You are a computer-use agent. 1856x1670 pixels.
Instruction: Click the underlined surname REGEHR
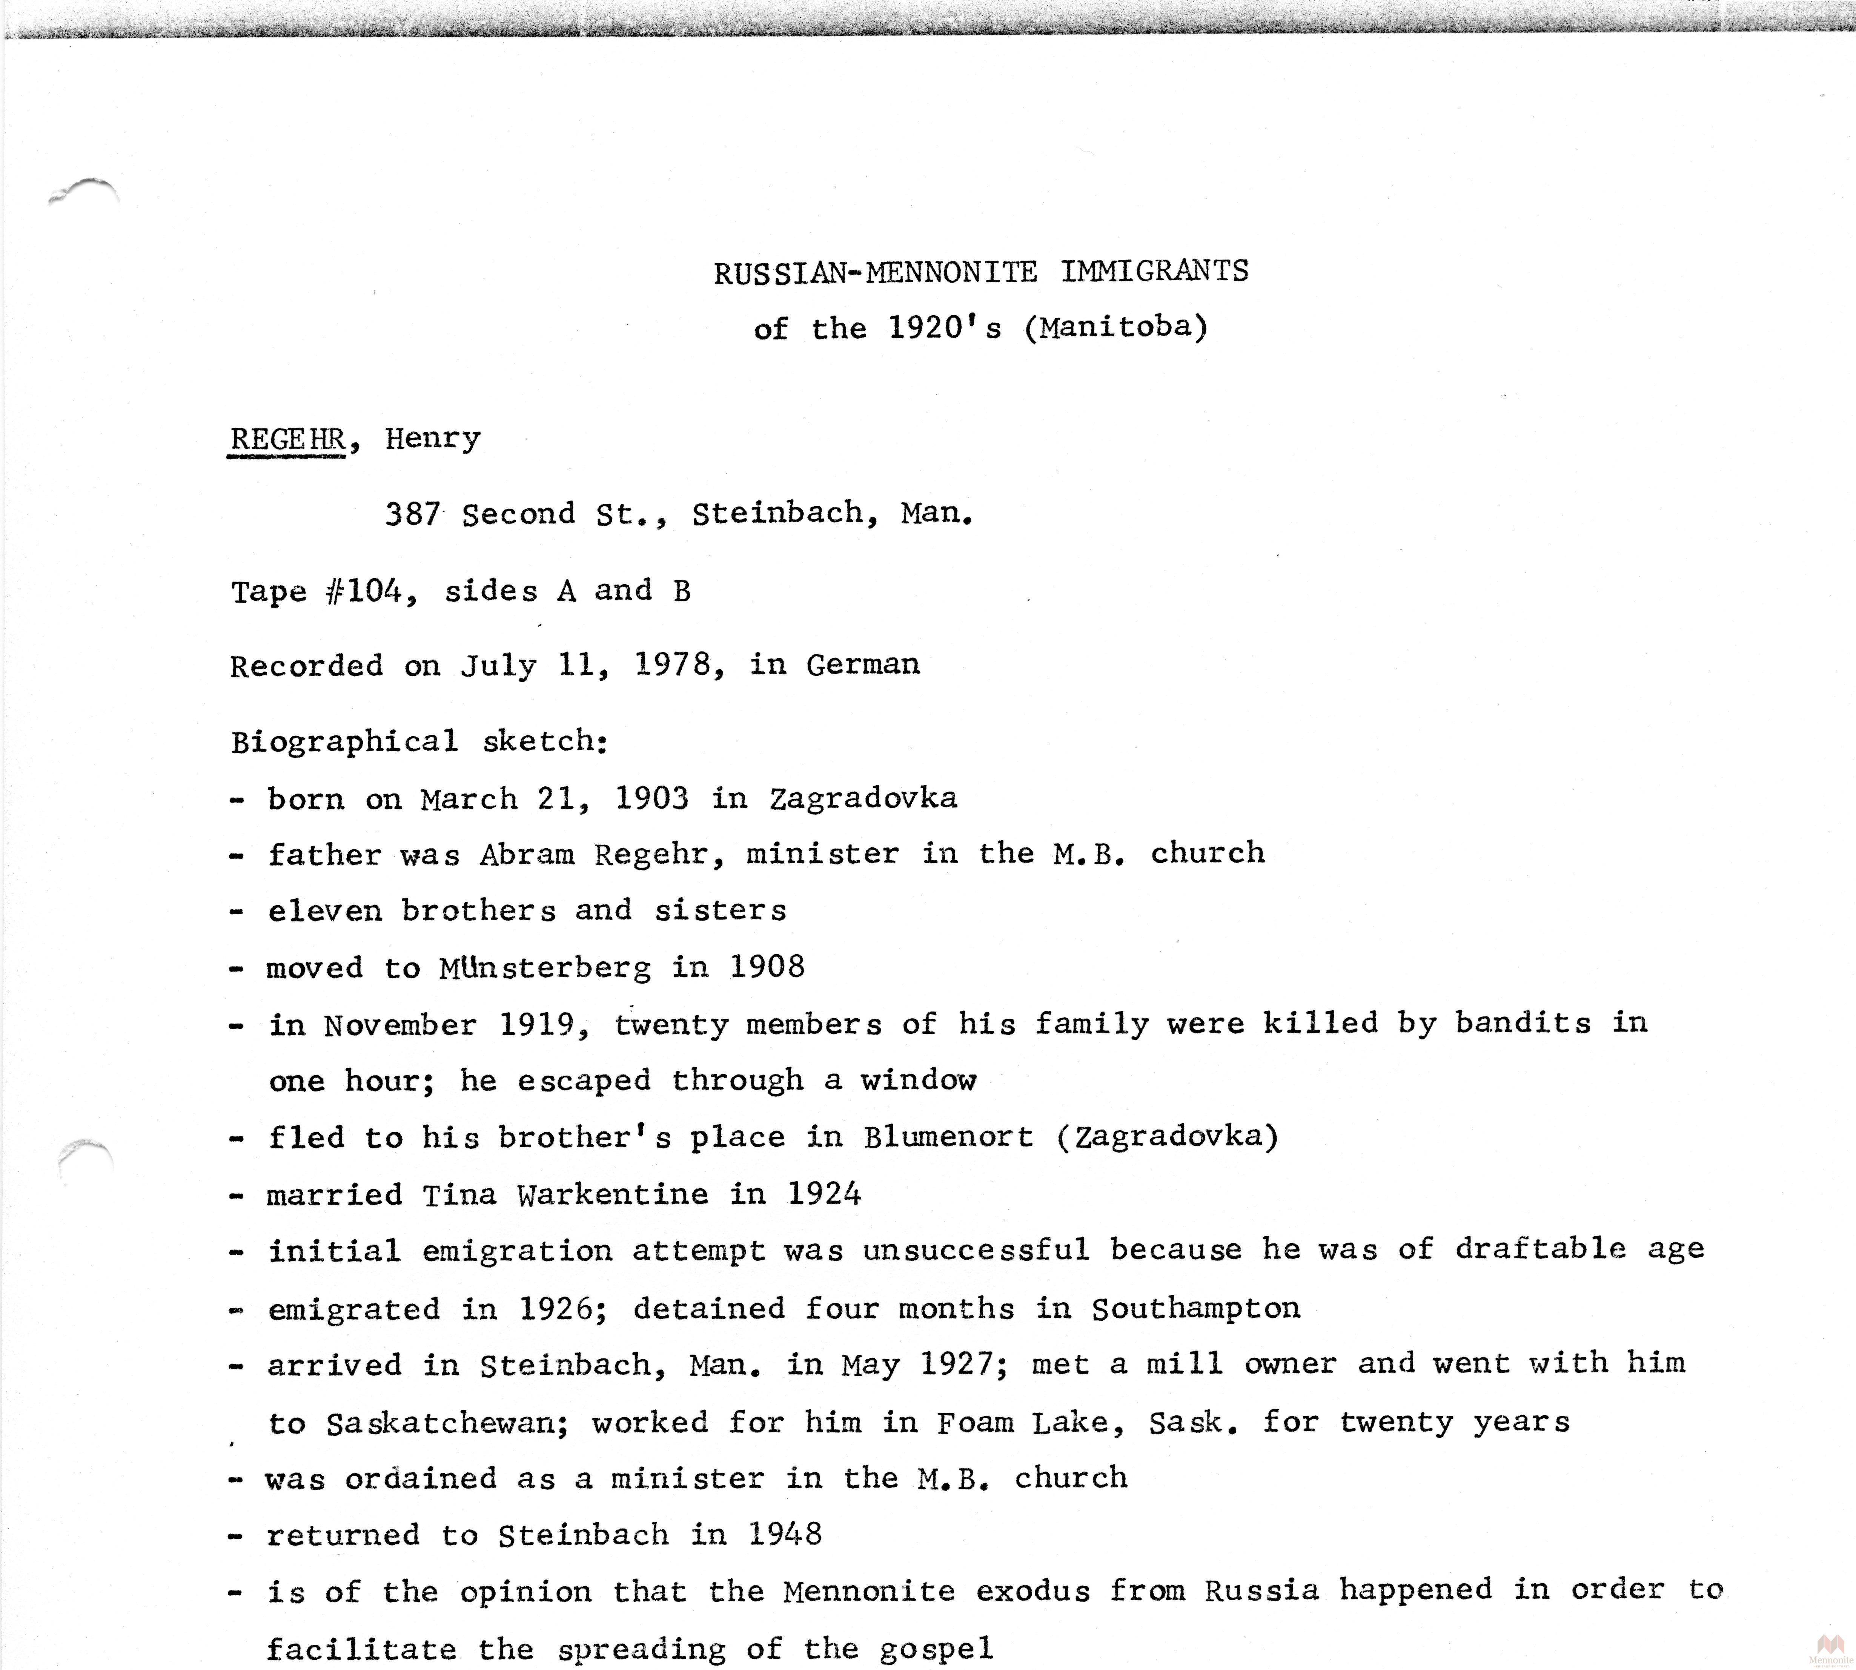286,439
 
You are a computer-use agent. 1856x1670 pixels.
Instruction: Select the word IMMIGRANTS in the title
1155,272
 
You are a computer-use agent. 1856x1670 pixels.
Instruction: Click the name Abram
526,854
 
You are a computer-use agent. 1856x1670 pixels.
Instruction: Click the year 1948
785,1534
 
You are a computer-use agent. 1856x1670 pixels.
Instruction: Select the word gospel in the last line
935,1649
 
